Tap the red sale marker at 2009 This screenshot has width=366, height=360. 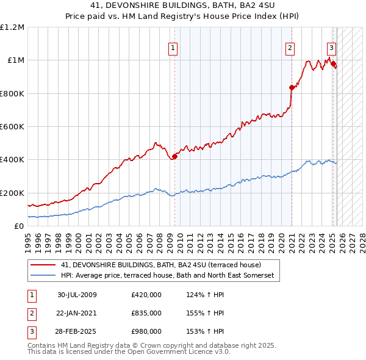[174, 156]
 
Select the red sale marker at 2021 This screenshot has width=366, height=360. [292, 87]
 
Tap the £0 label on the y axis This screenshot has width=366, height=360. [18, 226]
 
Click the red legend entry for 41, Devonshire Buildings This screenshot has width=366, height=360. [161, 265]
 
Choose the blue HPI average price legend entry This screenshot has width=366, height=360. [168, 276]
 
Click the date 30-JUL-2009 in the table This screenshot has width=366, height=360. [77, 295]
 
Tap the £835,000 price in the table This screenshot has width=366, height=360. [146, 313]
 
